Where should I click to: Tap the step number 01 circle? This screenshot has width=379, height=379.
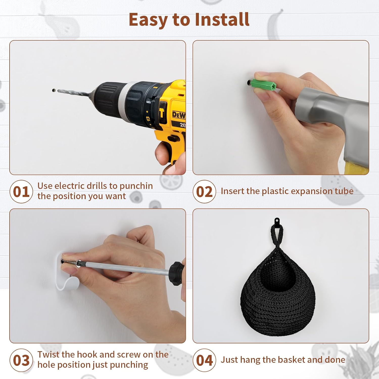(21, 192)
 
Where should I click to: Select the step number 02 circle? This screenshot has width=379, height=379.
(204, 192)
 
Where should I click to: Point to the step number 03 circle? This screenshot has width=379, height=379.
(21, 360)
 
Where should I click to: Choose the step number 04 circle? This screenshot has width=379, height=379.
(204, 360)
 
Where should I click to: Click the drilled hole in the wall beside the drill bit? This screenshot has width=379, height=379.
(54, 90)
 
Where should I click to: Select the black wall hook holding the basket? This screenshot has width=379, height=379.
(277, 222)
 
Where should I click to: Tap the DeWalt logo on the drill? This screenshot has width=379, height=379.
(179, 115)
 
